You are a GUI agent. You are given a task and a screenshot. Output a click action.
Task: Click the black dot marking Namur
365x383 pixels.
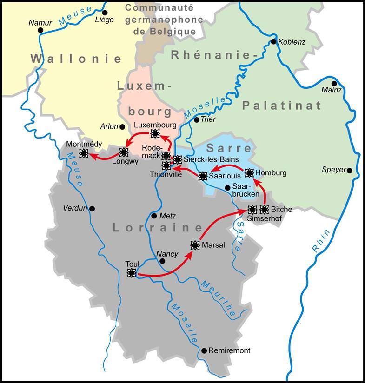[x=40, y=30]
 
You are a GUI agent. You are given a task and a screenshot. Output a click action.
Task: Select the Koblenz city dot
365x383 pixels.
[x=274, y=42]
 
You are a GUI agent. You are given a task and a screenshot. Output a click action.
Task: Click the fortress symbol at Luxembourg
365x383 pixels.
[x=155, y=134]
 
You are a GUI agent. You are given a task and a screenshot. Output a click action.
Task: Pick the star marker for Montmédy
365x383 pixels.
[x=84, y=153]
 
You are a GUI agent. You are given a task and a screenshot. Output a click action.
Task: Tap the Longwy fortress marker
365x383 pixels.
[x=124, y=152]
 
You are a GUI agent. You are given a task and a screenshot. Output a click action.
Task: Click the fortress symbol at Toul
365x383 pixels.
[x=132, y=273]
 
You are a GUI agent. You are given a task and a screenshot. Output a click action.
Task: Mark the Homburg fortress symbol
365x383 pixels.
[x=249, y=173]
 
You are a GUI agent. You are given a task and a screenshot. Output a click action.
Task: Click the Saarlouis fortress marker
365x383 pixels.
[x=203, y=176]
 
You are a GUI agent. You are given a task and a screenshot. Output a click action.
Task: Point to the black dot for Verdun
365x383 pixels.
[x=92, y=209]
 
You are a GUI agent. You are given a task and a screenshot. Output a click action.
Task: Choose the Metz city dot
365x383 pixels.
[x=154, y=216]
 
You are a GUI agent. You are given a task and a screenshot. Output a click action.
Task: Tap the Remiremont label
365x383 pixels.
[x=229, y=350]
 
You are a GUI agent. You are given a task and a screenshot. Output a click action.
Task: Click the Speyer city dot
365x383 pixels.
[x=350, y=171]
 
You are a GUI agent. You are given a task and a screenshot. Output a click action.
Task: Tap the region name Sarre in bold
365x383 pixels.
[x=222, y=149]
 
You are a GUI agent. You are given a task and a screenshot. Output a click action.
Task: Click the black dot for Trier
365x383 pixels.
[x=196, y=120]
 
